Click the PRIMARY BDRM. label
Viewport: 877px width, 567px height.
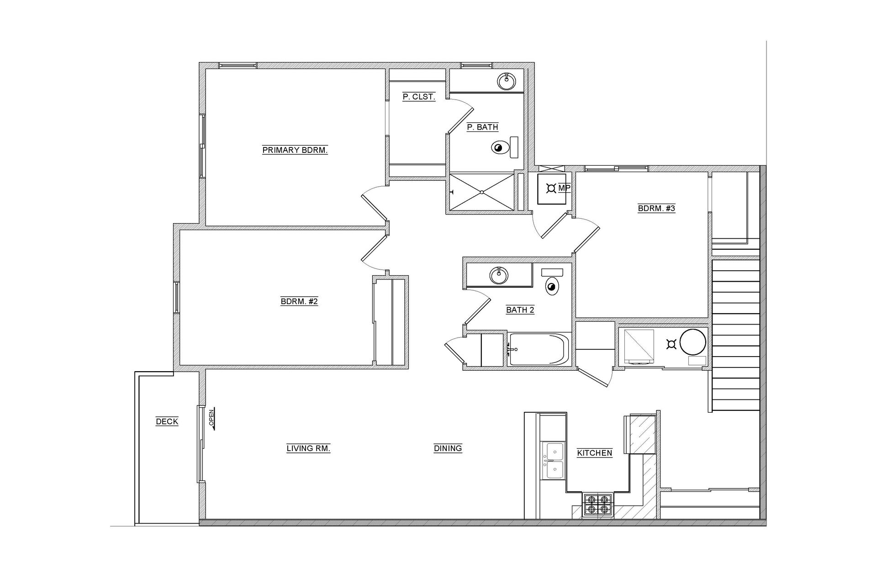295,150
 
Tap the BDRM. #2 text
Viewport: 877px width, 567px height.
299,301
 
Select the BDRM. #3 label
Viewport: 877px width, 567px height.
656,209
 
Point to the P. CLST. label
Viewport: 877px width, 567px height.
418,97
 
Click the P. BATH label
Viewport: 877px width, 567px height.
482,127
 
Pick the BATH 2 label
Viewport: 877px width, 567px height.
520,310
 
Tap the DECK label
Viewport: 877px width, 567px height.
167,421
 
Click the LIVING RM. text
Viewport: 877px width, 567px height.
308,448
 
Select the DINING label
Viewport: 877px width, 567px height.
448,448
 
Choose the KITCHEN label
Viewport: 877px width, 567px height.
594,453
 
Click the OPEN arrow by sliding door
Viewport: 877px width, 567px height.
211,419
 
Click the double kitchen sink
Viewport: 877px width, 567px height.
553,461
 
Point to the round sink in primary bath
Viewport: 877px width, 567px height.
506,81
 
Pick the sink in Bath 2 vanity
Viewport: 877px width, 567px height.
499,275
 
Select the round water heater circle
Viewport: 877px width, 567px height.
692,342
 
